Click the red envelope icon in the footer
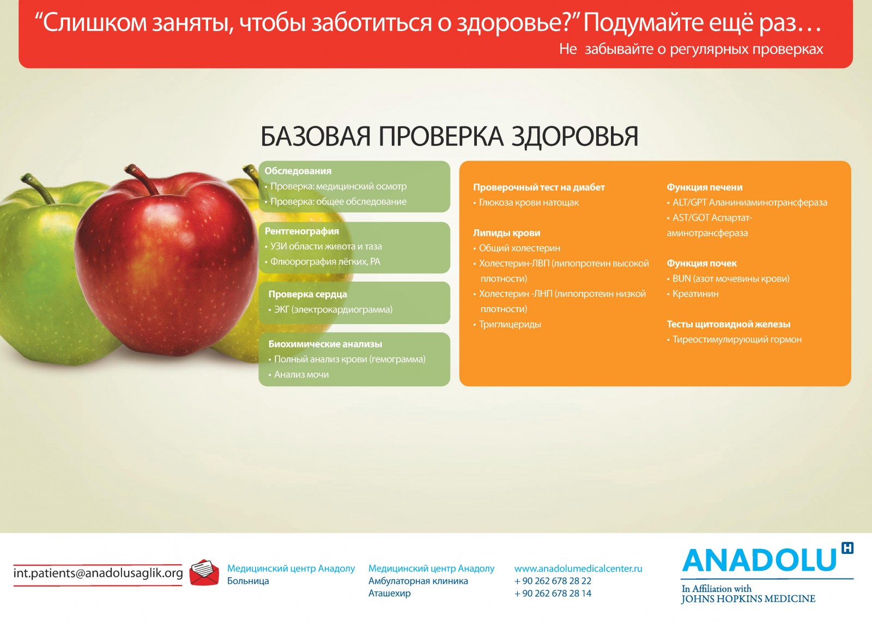(204, 572)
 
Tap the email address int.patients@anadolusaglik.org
(98, 574)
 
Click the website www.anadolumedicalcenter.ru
(578, 569)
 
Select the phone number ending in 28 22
(553, 581)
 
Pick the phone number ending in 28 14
(553, 593)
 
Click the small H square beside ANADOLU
(847, 548)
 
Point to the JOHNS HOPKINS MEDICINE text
(748, 599)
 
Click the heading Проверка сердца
(307, 294)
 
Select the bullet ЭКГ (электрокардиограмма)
(330, 310)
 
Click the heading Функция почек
(701, 264)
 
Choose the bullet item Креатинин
(693, 294)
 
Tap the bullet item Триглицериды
(507, 325)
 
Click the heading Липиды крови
(506, 233)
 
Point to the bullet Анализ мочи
(299, 375)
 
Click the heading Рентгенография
(302, 231)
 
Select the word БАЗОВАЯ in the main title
(316, 137)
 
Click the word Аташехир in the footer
(389, 593)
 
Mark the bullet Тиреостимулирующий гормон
(734, 339)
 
